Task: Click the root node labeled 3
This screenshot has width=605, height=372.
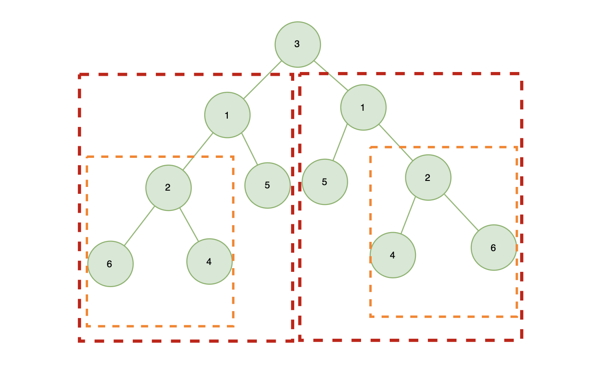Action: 297,44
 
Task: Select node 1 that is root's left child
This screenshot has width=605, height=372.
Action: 227,115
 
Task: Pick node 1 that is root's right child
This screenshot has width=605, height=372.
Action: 363,107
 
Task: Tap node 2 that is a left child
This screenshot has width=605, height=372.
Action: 168,188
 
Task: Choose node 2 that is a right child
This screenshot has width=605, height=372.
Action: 428,178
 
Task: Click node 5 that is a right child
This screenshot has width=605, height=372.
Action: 267,185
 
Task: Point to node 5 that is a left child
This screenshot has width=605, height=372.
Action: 325,182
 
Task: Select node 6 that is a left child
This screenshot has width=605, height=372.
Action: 110,264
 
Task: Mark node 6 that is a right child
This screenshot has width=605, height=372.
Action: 493,247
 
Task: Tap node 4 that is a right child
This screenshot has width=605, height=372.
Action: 209,262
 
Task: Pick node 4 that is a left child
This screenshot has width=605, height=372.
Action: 393,255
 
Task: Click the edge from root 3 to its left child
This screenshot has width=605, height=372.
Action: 262,79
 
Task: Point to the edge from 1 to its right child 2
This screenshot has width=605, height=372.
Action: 396,143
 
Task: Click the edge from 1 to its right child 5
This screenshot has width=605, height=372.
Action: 249,149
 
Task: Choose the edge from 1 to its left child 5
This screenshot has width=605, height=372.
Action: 340,143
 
